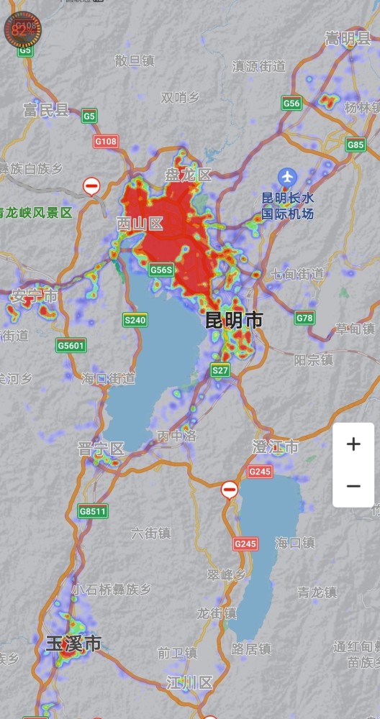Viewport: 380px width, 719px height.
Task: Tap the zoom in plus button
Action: click(x=353, y=444)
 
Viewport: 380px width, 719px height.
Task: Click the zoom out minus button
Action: click(x=353, y=486)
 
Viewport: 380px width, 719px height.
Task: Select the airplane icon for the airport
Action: click(x=287, y=176)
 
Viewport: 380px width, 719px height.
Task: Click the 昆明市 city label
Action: click(x=235, y=321)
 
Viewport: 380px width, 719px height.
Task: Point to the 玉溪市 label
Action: click(x=73, y=644)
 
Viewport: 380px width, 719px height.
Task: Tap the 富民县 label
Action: click(x=46, y=110)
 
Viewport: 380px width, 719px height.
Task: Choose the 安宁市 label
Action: click(x=34, y=296)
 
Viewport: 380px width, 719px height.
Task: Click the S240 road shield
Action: click(x=135, y=320)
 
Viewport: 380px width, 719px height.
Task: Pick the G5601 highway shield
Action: click(x=71, y=346)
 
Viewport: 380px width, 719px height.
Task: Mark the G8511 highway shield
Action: click(x=93, y=512)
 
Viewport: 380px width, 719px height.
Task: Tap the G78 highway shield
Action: click(x=305, y=318)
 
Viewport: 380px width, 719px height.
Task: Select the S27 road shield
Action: click(x=220, y=370)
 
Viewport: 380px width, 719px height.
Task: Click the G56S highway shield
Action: click(x=162, y=270)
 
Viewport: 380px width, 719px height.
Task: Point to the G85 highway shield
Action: click(x=356, y=145)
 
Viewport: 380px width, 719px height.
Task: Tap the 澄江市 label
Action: click(x=275, y=448)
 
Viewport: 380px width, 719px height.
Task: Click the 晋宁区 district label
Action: click(x=101, y=449)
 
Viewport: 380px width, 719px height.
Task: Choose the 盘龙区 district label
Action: click(x=188, y=175)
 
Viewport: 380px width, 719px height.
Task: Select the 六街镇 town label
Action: click(x=151, y=533)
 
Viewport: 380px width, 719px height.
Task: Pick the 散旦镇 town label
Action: click(x=135, y=61)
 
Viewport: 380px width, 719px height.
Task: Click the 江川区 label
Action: click(x=189, y=682)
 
